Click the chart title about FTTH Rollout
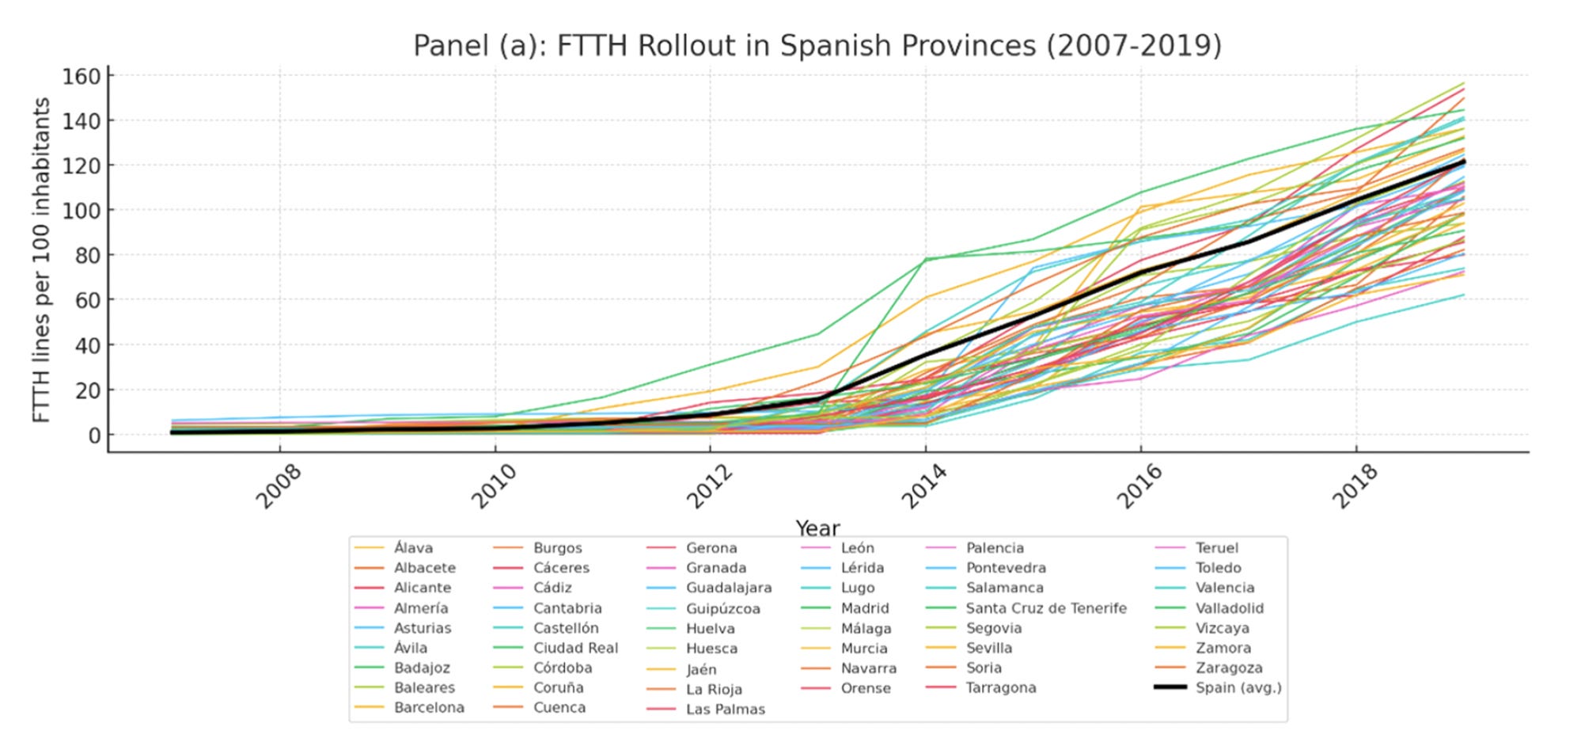(817, 45)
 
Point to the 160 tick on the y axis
(82, 76)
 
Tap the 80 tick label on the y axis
(88, 255)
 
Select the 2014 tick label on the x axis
(924, 486)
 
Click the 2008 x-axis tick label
(279, 486)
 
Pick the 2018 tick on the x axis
(1355, 486)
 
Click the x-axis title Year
(817, 527)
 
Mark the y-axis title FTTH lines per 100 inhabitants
(41, 260)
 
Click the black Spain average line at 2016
(1140, 272)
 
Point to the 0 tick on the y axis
(94, 435)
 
